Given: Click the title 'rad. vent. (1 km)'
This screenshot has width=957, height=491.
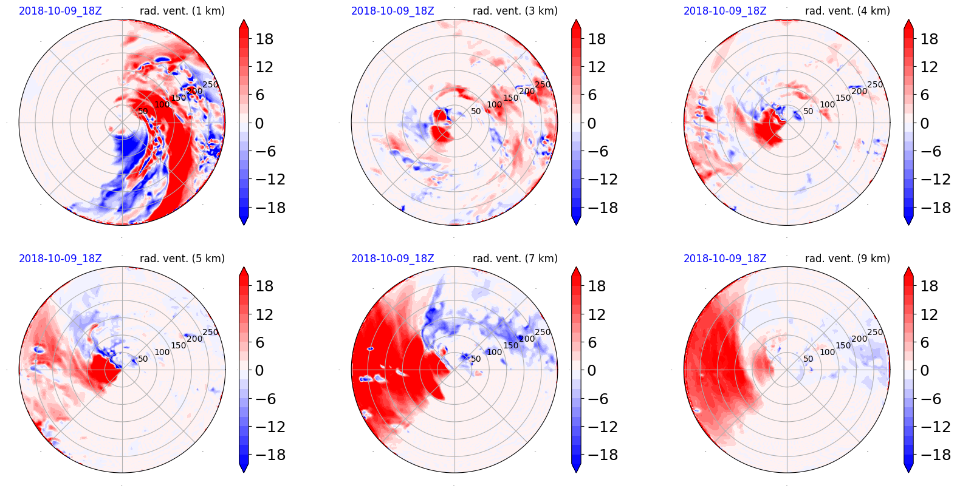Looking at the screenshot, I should tap(182, 11).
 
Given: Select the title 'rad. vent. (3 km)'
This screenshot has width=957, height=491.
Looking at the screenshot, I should tap(515, 11).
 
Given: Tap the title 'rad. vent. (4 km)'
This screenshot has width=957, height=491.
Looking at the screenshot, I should tap(847, 11).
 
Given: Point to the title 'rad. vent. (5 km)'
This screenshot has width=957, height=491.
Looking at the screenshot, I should tap(182, 259).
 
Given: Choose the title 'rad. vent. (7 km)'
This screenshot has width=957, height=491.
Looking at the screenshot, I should tap(515, 259).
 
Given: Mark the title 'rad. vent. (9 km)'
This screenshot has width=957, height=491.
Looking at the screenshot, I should tap(847, 259).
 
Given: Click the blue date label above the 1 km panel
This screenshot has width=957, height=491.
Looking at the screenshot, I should tap(60, 11).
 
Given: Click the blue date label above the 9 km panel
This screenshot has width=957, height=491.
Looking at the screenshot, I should tap(725, 259).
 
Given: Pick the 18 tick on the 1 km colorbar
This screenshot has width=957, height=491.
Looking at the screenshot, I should tap(264, 39).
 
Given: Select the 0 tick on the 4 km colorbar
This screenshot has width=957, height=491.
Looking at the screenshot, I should tap(924, 124).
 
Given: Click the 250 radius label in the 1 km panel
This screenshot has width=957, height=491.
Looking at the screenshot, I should tap(210, 85).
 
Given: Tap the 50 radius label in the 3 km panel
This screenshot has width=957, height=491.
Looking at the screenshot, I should tap(476, 112).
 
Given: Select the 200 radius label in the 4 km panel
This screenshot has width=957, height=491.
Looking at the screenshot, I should tap(859, 92).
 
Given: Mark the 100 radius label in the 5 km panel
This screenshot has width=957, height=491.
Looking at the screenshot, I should tap(162, 352).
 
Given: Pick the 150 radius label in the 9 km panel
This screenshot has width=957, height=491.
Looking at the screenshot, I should tap(843, 345).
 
